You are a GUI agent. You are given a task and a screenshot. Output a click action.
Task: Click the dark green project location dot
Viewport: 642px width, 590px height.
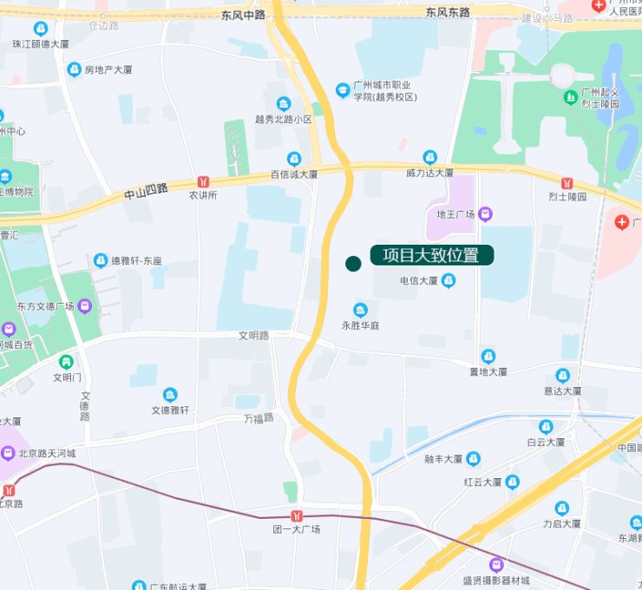click(353, 263)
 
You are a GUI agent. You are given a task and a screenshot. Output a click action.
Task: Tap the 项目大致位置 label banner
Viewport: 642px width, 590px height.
click(431, 255)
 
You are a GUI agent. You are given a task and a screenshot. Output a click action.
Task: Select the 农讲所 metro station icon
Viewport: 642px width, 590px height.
click(203, 181)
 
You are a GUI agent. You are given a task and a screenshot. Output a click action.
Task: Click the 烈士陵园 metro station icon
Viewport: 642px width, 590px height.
click(567, 183)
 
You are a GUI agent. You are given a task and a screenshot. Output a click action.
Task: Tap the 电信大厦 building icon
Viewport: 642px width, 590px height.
click(449, 280)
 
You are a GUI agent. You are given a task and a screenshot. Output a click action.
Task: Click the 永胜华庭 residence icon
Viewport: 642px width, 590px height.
click(361, 310)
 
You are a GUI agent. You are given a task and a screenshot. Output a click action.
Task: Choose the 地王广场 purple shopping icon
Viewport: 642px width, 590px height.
click(485, 213)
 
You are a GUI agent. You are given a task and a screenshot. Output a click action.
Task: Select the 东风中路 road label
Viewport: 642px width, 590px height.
click(242, 15)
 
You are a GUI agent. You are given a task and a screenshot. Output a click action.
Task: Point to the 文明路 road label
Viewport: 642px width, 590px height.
click(254, 335)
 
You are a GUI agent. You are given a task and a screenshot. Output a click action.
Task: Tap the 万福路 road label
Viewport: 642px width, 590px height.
click(259, 418)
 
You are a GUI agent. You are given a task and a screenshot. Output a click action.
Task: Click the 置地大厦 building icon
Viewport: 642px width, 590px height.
click(488, 356)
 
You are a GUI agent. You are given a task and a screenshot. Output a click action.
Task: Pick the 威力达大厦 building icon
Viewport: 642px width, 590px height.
click(429, 157)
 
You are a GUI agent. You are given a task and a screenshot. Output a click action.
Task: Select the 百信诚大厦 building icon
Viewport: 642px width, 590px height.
click(294, 158)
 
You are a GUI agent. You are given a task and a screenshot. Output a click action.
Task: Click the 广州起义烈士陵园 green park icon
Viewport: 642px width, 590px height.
click(570, 96)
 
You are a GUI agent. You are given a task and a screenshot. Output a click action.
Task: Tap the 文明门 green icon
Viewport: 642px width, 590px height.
click(66, 361)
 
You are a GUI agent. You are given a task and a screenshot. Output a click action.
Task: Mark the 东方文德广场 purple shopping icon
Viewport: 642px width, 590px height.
click(84, 305)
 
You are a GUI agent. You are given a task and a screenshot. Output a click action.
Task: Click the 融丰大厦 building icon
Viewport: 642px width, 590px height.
click(473, 458)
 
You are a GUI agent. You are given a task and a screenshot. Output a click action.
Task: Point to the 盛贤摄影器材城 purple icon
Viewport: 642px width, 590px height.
click(496, 564)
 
